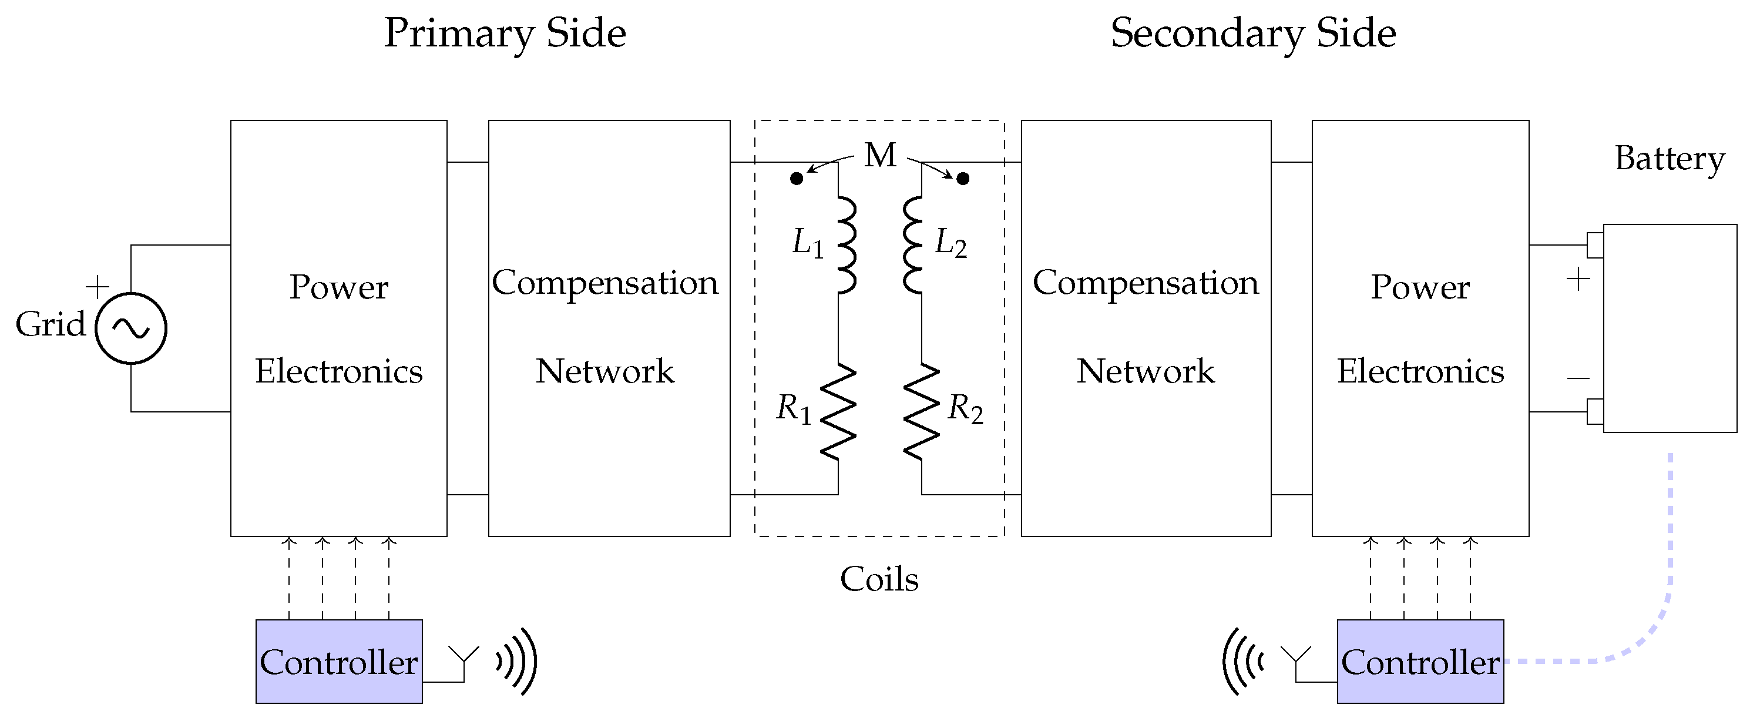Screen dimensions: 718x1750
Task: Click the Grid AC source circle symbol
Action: click(131, 328)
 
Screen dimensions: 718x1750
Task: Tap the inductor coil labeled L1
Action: click(846, 245)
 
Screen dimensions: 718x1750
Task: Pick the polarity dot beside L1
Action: click(797, 179)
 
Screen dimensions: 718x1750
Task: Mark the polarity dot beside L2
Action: click(963, 179)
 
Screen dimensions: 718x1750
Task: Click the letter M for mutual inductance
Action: click(881, 156)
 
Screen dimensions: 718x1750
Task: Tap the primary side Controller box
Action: click(339, 662)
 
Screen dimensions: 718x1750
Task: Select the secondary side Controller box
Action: click(1420, 662)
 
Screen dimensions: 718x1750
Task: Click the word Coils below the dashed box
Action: click(879, 579)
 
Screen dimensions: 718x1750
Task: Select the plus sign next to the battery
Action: click(1578, 279)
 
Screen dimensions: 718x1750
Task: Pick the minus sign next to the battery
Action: click(1578, 378)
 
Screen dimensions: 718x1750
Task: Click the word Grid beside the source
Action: click(51, 324)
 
